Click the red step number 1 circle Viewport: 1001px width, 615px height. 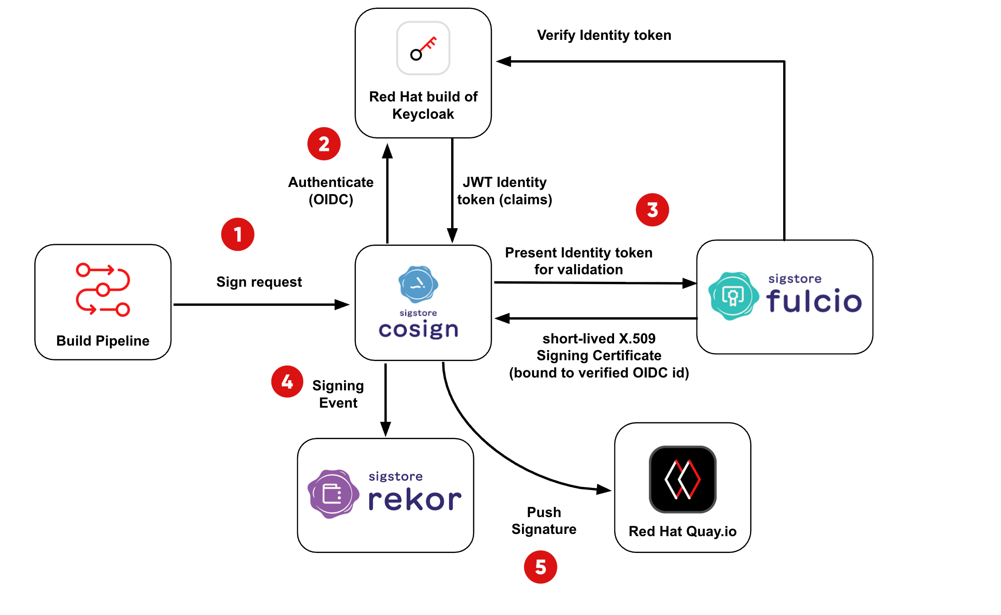pos(238,234)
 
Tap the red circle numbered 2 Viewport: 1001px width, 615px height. pos(324,144)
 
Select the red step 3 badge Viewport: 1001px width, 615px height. pos(652,210)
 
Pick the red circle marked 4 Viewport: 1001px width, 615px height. pos(287,381)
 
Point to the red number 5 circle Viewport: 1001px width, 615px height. pos(541,567)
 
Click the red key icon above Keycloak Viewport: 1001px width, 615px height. pos(423,48)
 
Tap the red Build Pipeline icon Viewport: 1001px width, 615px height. pos(103,290)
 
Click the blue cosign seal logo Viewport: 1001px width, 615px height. pos(418,284)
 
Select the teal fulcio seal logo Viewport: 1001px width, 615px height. pos(733,296)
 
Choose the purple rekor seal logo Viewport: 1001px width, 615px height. pos(333,494)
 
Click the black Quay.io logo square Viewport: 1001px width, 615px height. pos(683,479)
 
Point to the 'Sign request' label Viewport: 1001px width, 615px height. pos(259,282)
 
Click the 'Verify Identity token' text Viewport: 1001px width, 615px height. pos(604,35)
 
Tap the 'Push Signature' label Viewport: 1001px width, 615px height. pos(544,521)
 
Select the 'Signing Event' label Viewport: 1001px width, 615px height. pos(338,394)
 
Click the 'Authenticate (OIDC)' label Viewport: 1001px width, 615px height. pos(331,191)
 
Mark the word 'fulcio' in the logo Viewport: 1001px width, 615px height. pos(814,301)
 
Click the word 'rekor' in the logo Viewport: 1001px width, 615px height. pos(415,500)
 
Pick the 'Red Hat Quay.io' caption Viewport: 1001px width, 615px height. pos(683,531)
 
